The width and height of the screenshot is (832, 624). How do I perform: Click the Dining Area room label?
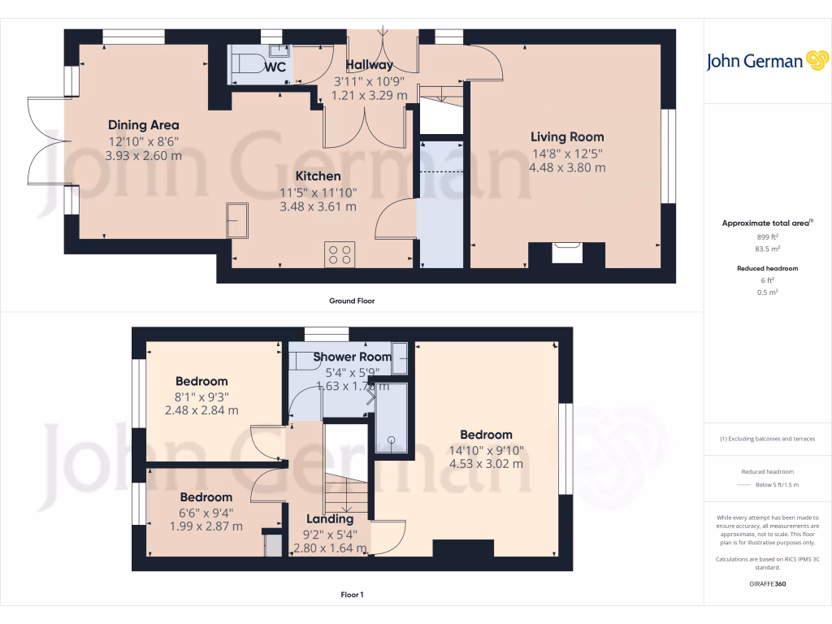143,125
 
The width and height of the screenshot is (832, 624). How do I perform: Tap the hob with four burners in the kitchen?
339,254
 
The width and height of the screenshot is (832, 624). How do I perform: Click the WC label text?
275,67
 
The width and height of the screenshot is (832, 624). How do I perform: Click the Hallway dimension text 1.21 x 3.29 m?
370,95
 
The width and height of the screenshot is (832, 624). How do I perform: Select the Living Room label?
567,136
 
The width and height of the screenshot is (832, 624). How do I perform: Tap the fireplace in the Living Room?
566,252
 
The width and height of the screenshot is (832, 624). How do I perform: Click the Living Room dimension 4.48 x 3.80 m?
567,167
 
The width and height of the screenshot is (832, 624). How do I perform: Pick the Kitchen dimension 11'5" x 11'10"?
318,192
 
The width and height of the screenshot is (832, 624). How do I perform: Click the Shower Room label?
347,357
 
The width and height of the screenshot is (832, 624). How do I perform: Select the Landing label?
330,518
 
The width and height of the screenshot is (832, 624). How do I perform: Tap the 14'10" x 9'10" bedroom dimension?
486,449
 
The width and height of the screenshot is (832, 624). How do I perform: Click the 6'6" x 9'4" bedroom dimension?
206,512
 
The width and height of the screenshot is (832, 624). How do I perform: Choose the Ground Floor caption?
351,301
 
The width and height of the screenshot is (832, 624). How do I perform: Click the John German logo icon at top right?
817,61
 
